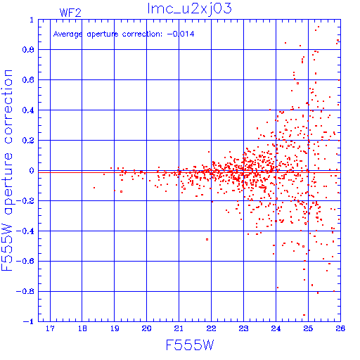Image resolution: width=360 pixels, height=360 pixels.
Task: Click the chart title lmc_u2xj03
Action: click(x=189, y=9)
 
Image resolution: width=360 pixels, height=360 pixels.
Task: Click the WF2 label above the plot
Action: click(x=70, y=13)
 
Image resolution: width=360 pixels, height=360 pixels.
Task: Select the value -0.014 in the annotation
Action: click(x=181, y=34)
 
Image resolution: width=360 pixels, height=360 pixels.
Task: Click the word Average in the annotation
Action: click(x=68, y=34)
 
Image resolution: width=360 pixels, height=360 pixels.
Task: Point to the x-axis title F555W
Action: click(x=190, y=345)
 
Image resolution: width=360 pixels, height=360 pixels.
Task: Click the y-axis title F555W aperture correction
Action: click(x=7, y=170)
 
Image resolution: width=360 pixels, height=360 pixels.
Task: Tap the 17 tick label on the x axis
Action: click(x=50, y=328)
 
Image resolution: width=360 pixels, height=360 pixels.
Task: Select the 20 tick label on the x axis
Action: click(x=146, y=328)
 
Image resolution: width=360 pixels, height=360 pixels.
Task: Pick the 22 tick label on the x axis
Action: click(x=211, y=328)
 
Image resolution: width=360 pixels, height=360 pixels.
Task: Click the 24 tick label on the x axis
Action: click(x=276, y=328)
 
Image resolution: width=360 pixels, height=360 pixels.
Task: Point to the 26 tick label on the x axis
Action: click(x=340, y=328)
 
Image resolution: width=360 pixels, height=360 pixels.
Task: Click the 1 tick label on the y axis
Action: click(x=32, y=20)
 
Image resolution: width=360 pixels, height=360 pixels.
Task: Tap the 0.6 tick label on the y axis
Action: click(x=28, y=80)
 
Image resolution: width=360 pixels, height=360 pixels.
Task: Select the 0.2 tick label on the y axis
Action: click(x=28, y=141)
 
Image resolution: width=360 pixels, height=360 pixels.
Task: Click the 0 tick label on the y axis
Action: click(x=32, y=171)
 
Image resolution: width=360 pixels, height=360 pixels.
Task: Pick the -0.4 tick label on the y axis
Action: click(x=25, y=231)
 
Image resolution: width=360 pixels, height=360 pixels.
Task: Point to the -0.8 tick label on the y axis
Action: click(x=25, y=292)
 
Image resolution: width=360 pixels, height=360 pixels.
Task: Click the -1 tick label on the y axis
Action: click(x=28, y=321)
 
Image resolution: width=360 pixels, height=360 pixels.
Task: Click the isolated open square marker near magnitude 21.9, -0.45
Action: click(x=207, y=239)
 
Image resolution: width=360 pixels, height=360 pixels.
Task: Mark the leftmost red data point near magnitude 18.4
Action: click(x=94, y=188)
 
